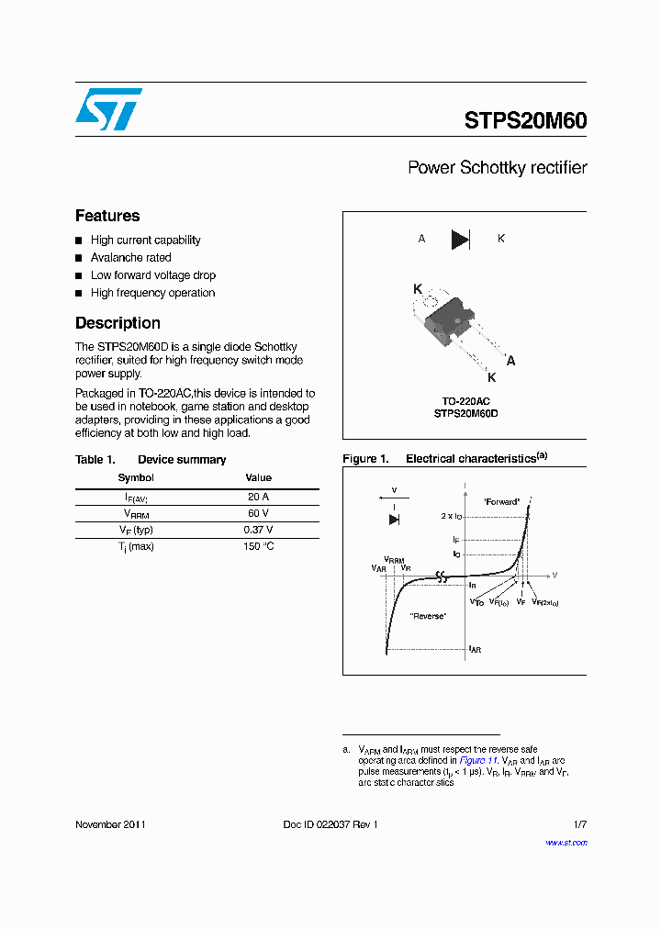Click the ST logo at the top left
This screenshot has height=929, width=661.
click(108, 109)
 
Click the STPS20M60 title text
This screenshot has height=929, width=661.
click(525, 120)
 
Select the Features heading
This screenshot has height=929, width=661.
click(107, 216)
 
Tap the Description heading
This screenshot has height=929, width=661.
click(118, 323)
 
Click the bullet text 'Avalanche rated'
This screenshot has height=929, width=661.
click(130, 258)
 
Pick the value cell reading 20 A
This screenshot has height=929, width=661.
click(258, 496)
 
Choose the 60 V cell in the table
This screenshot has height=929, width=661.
click(258, 513)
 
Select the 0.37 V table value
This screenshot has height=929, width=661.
click(258, 530)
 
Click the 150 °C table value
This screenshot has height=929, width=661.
click(258, 547)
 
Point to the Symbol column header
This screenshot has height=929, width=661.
click(136, 478)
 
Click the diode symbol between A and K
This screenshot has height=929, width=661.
click(460, 240)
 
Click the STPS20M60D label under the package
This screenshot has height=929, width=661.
click(465, 414)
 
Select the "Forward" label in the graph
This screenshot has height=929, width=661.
click(501, 501)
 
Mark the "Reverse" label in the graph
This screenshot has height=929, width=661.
click(428, 616)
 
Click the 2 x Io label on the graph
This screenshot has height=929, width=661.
click(452, 517)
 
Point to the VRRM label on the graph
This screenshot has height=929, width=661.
click(394, 560)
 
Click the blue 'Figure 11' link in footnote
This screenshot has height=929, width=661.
click(478, 761)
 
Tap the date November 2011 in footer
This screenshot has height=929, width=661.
click(110, 824)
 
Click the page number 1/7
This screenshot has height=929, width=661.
click(579, 824)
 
